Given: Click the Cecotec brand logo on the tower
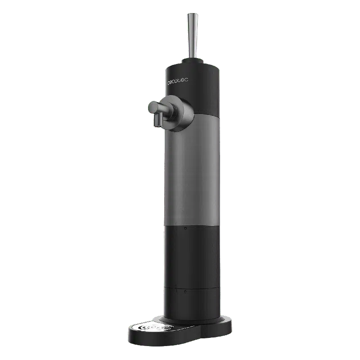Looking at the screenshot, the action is [x=178, y=81].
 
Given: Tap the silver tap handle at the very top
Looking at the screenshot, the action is [x=193, y=36].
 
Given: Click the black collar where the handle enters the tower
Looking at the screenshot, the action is [x=193, y=61].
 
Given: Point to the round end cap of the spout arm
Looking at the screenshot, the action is [x=153, y=107].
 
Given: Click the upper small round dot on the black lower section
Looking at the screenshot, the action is [x=185, y=228].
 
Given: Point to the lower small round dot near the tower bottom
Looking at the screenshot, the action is [x=185, y=292].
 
